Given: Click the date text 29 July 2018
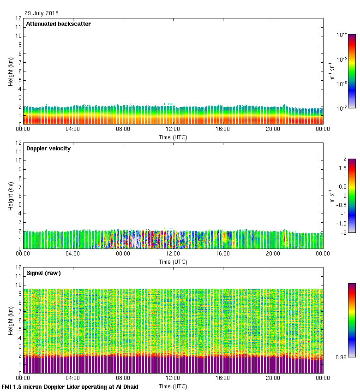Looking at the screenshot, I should click(42, 13).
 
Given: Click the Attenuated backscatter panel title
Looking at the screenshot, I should click(58, 24).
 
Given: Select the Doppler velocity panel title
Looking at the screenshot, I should click(48, 148).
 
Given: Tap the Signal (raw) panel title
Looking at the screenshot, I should click(43, 273).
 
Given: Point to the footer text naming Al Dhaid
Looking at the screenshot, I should click(70, 387).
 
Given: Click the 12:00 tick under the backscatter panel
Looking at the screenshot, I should click(173, 129).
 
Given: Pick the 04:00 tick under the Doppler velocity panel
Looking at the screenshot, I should click(73, 254).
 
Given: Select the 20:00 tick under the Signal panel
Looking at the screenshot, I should click(273, 378).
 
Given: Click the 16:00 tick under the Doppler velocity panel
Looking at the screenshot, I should click(222, 254).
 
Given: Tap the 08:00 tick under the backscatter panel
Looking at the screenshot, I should click(123, 129).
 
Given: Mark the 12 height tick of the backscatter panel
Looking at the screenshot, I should click(18, 18).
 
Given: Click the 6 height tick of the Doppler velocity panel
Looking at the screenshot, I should click(20, 196).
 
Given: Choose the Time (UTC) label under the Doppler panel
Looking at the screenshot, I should click(173, 261).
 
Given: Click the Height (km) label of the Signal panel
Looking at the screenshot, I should click(11, 320).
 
